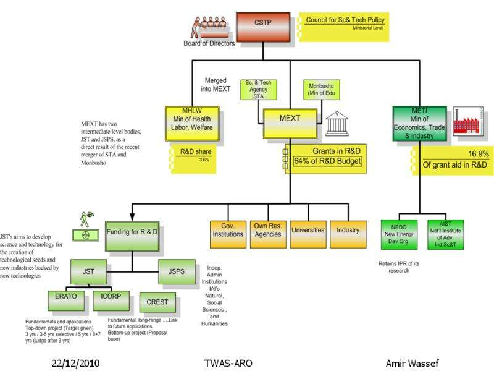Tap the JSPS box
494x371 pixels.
(x=177, y=270)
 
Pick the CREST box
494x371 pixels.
(x=157, y=302)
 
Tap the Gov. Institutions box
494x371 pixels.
(x=228, y=233)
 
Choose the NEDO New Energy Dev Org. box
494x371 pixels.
(x=400, y=233)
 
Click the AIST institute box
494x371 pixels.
(x=445, y=233)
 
